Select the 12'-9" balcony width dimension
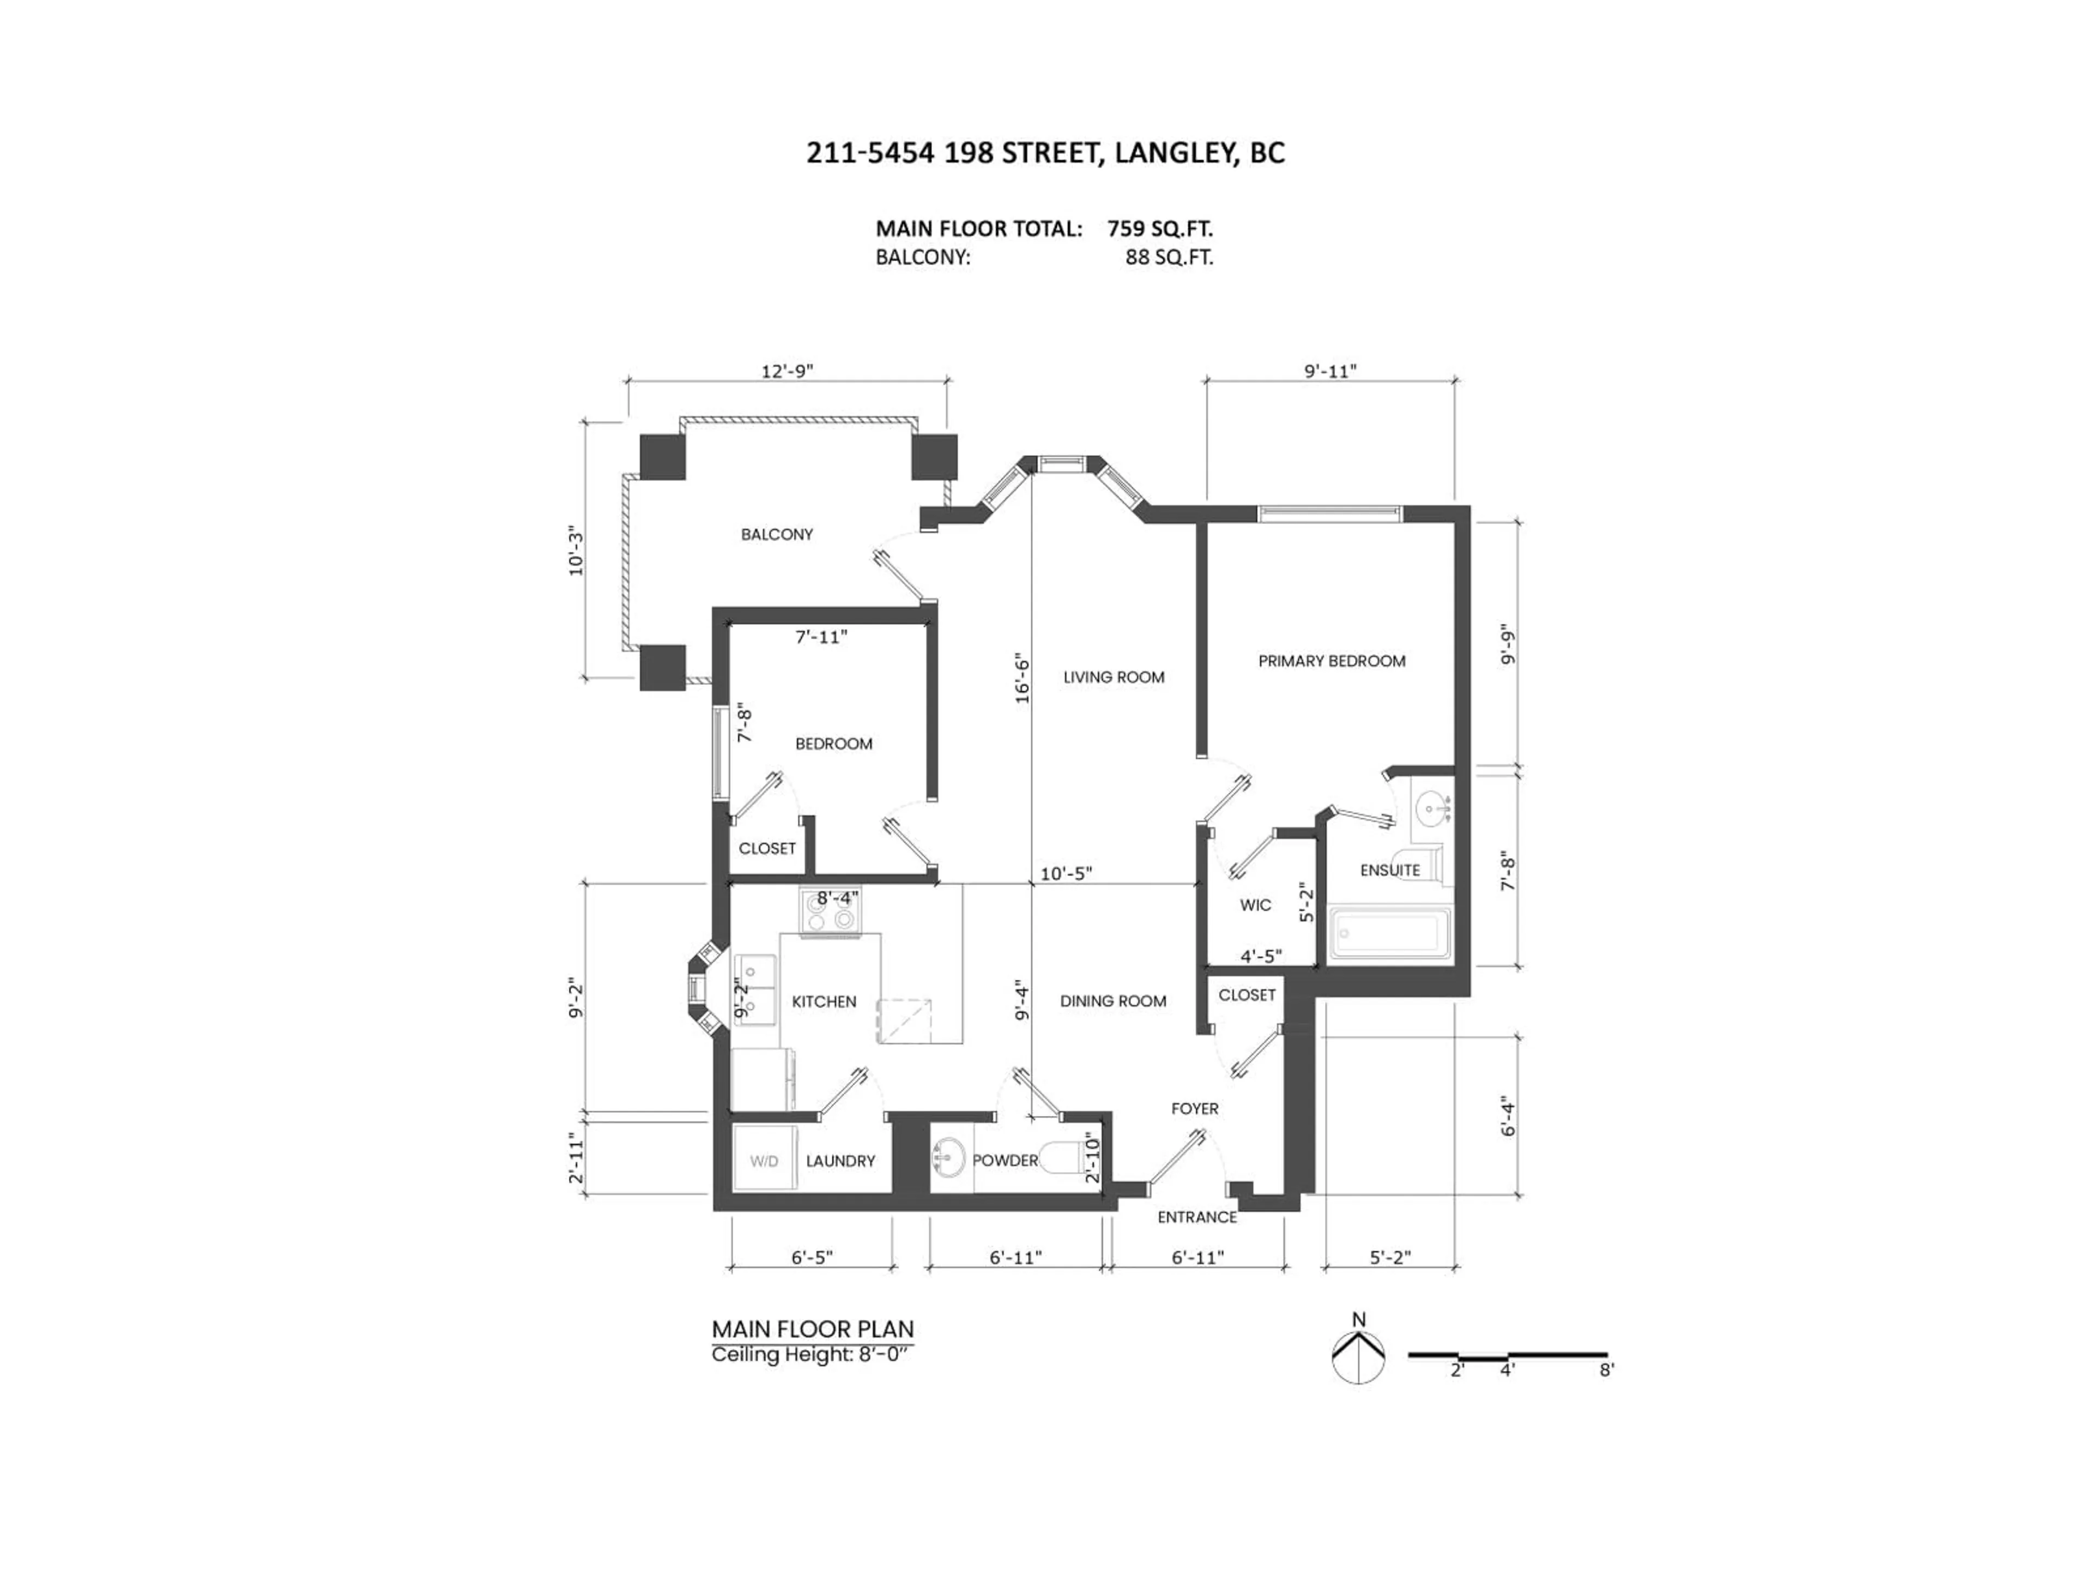click(x=787, y=371)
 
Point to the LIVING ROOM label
click(x=1114, y=678)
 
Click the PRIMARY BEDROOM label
click(x=1332, y=661)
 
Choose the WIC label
click(x=1256, y=905)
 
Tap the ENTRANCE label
click(x=1197, y=1217)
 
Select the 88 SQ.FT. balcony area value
click(x=1169, y=257)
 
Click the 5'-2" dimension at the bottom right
click(x=1390, y=1258)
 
